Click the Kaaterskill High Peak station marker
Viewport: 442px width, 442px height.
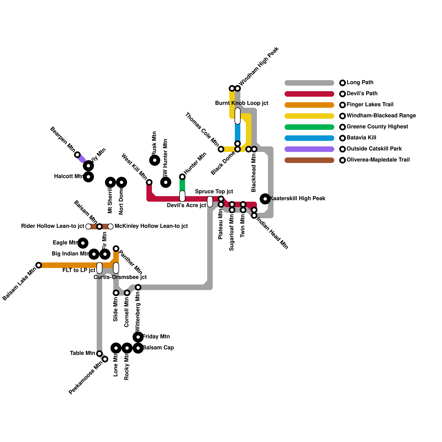tap(265, 199)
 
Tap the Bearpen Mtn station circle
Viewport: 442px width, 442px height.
tap(78, 155)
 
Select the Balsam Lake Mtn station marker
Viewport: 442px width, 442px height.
tap(39, 265)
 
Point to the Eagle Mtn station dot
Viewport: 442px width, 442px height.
tap(83, 243)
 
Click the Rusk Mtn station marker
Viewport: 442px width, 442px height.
tap(155, 160)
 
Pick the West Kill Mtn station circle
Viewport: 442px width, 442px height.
tap(149, 182)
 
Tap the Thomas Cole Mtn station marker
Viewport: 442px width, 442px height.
tap(221, 149)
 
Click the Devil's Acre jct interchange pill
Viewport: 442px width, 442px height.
tap(182, 196)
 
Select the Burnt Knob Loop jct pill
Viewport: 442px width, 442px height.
tap(238, 116)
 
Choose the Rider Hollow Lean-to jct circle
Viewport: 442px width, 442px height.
tap(88, 227)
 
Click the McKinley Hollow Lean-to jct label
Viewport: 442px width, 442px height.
tap(151, 226)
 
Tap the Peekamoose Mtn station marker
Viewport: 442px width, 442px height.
tap(105, 359)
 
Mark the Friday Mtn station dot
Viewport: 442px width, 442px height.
tap(138, 337)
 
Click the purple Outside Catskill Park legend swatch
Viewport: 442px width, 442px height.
tap(309, 149)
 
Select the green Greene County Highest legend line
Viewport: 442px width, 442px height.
tap(309, 127)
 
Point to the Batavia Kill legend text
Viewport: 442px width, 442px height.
tap(361, 138)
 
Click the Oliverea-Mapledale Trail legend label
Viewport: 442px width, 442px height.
tap(378, 160)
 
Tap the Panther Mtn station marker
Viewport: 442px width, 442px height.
tap(116, 249)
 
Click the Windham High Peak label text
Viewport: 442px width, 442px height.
tap(259, 67)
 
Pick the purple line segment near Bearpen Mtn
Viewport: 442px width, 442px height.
tap(81, 159)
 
